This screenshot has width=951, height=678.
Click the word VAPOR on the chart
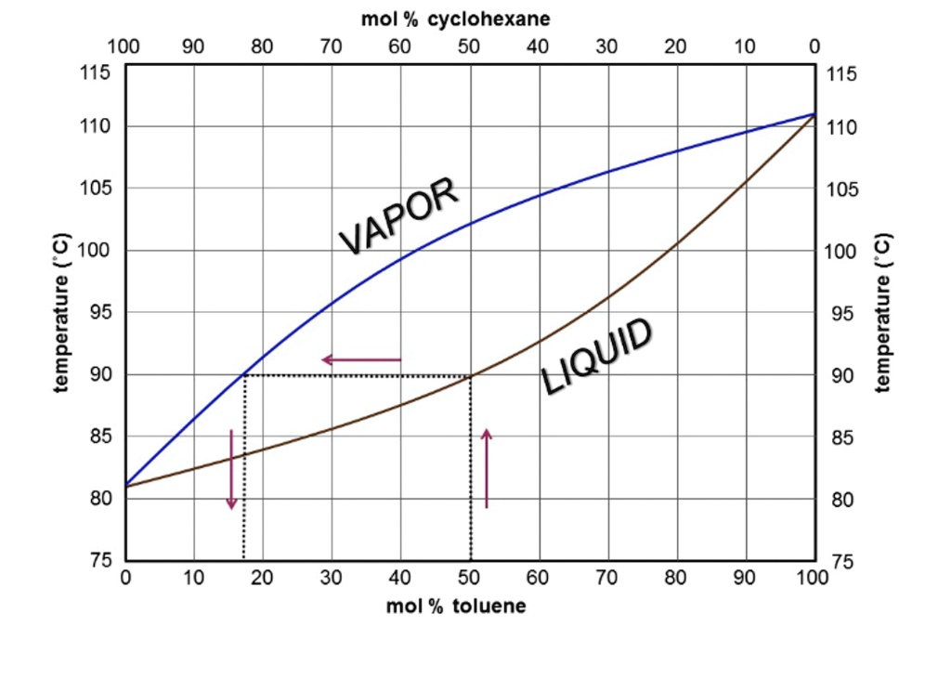coord(398,215)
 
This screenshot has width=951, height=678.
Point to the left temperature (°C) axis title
coord(62,313)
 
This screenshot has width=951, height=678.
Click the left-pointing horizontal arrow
coord(361,359)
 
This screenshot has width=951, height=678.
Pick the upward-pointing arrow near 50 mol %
coord(487,468)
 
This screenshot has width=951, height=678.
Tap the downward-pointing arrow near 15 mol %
coord(232,469)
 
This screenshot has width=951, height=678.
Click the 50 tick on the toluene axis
coord(470,578)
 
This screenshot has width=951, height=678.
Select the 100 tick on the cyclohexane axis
coord(124,47)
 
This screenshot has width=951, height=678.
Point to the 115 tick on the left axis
coord(97,72)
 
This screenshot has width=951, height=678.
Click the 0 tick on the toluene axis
coord(125,578)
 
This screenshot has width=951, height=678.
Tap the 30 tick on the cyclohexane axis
coord(607,47)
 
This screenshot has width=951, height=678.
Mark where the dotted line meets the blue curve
coord(244,374)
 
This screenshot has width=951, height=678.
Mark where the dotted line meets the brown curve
coord(470,375)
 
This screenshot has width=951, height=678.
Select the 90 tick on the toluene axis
coord(746,578)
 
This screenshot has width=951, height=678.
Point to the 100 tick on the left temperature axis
coord(97,251)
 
